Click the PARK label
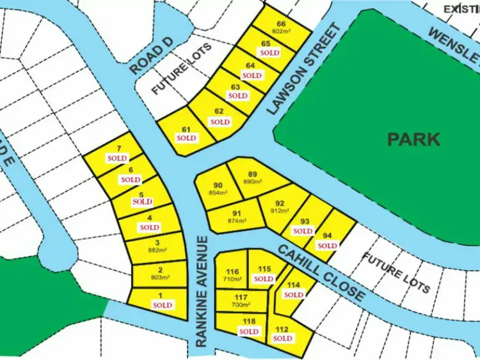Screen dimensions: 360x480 pos(413,139)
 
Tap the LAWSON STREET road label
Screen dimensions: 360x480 pos(301,70)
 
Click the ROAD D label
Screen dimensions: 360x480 pos(150,57)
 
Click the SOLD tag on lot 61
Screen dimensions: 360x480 pos(187,137)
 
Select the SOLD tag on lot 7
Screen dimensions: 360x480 pos(118,157)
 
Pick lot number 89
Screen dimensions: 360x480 pos(252,174)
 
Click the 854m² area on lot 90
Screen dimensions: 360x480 pos(218,193)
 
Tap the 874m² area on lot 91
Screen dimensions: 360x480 pos(236,221)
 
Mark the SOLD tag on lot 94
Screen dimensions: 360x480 pos(327,246)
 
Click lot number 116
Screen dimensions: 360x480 pos(232,272)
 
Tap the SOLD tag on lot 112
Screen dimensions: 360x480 pos(282,338)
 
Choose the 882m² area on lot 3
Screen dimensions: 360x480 pos(157,250)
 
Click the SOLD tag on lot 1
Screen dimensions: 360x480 pos(163,305)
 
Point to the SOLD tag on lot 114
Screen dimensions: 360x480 pos(293,295)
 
